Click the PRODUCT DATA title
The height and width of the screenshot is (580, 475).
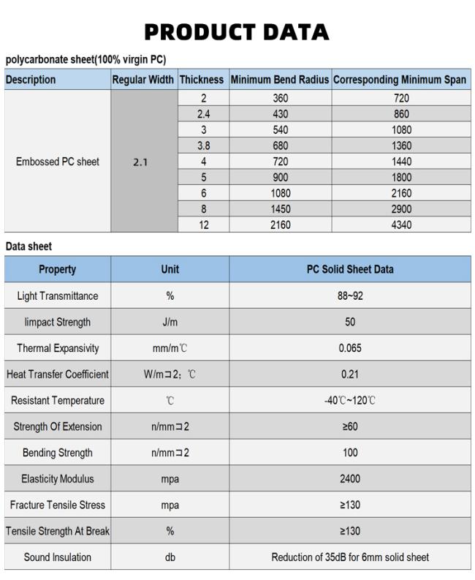point(236,32)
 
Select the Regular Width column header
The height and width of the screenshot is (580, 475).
point(143,80)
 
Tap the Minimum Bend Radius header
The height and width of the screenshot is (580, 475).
point(280,80)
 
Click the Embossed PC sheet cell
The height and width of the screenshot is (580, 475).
point(57,162)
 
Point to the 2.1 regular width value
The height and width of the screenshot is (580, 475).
point(140,162)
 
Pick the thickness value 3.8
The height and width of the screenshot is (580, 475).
point(203,146)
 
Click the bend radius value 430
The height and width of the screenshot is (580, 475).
point(280,114)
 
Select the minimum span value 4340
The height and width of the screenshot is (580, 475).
point(401,225)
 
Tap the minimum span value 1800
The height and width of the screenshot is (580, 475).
point(401,178)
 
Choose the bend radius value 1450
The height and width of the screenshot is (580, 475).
point(280,209)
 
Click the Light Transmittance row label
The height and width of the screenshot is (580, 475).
point(57,296)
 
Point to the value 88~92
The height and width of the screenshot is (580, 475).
point(350,296)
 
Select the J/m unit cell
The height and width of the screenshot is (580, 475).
point(170,322)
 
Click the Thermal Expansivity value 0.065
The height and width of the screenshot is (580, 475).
point(350,348)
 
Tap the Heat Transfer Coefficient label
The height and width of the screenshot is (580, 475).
point(57,374)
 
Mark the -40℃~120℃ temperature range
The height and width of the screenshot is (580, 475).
point(350,401)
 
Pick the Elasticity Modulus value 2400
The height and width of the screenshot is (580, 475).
point(350,479)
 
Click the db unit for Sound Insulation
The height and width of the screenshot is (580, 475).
point(170,557)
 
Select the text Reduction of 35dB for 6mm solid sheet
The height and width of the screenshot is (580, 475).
point(350,557)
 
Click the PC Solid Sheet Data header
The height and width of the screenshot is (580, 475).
point(350,269)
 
